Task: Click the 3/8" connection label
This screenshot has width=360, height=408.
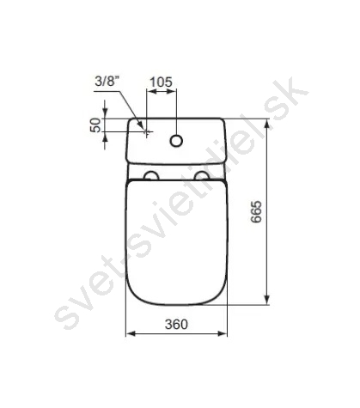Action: pos(107,82)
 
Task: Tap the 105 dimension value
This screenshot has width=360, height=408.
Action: pos(162,82)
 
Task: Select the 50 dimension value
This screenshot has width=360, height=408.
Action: pos(96,125)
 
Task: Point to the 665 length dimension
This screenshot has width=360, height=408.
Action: pos(256,211)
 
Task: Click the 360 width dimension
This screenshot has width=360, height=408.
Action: pos(176,324)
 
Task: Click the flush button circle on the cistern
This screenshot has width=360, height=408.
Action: pos(176,141)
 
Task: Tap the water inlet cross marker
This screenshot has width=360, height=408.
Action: pos(147,132)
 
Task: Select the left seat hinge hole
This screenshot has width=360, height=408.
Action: pos(151,175)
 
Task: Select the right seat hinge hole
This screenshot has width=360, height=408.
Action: pos(202,175)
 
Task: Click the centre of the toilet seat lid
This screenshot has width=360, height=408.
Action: pos(177,242)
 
